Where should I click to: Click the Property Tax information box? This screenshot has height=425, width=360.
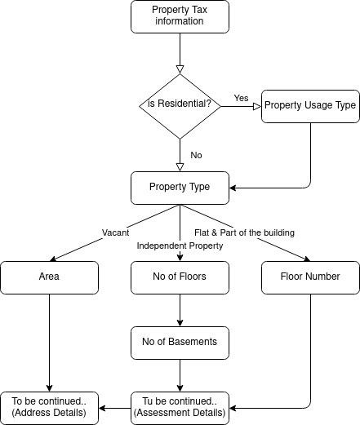pyautogui.click(x=180, y=17)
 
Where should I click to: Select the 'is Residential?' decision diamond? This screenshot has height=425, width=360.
pyautogui.click(x=180, y=106)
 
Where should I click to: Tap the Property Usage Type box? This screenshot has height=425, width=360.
pyautogui.click(x=310, y=106)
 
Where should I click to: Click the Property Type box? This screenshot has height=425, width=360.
pyautogui.click(x=180, y=188)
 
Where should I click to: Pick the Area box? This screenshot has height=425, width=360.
pyautogui.click(x=49, y=277)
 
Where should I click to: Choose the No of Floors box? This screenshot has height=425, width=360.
pyautogui.click(x=180, y=277)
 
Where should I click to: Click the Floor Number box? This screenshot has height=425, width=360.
pyautogui.click(x=310, y=277)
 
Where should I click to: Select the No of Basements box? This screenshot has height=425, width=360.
pyautogui.click(x=180, y=343)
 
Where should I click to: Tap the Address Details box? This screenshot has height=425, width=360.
pyautogui.click(x=49, y=408)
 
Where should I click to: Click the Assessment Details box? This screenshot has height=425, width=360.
pyautogui.click(x=180, y=408)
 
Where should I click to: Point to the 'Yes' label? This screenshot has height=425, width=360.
pyautogui.click(x=241, y=98)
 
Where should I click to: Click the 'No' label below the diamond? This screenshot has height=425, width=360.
pyautogui.click(x=196, y=155)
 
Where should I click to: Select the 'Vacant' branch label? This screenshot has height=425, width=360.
pyautogui.click(x=115, y=232)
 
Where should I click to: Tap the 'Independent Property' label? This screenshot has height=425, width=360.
pyautogui.click(x=180, y=246)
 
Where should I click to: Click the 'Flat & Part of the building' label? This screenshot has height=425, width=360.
pyautogui.click(x=244, y=232)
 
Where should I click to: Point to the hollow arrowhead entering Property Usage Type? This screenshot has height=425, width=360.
pyautogui.click(x=257, y=106)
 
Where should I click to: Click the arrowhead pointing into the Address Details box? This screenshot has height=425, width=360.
pyautogui.click(x=102, y=408)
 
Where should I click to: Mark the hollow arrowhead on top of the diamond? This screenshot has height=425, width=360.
pyautogui.click(x=180, y=69)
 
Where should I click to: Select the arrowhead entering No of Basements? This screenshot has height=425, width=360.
pyautogui.click(x=180, y=323)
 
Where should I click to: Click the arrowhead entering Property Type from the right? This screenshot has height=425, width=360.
pyautogui.click(x=233, y=188)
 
